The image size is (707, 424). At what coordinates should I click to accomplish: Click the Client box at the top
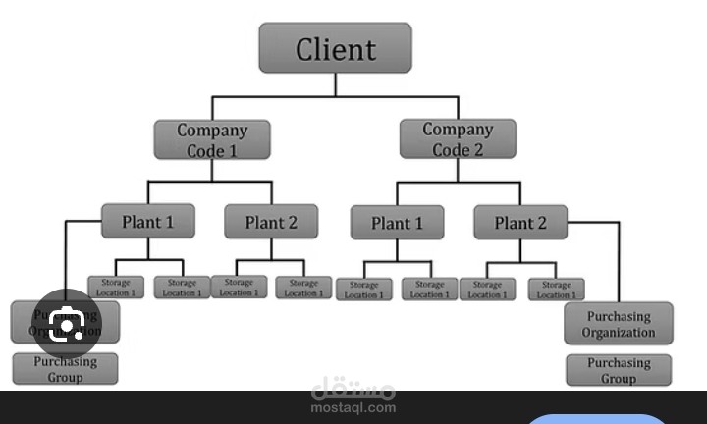(x=335, y=48)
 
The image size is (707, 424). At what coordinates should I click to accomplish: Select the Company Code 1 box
(x=212, y=139)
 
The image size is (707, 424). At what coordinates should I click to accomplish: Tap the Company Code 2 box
(x=458, y=139)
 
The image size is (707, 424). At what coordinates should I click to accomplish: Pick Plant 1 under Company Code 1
(x=147, y=222)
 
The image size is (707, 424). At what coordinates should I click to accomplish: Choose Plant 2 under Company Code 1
(x=270, y=222)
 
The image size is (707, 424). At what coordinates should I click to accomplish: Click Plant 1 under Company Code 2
(x=397, y=223)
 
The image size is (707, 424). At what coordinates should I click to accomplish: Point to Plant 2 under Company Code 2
(x=520, y=223)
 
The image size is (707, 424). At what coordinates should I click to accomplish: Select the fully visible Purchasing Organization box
(x=619, y=324)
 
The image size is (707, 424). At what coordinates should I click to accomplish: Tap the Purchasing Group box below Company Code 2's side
(x=619, y=370)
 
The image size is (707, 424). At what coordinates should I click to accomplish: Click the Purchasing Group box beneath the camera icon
(x=65, y=368)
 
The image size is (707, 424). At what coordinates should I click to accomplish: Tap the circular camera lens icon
(x=66, y=323)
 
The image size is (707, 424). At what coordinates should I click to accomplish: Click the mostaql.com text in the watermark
(x=353, y=407)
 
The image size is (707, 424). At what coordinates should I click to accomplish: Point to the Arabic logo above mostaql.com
(x=353, y=389)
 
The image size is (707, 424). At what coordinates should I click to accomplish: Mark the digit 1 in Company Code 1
(x=232, y=150)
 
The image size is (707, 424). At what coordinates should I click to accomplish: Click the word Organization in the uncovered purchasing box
(x=619, y=332)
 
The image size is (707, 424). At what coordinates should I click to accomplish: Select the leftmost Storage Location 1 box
(x=116, y=288)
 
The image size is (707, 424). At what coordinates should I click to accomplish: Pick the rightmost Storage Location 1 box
(x=556, y=290)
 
